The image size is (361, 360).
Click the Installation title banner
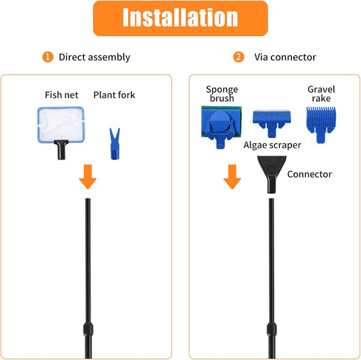click(x=180, y=18)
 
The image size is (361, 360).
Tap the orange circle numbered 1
click(x=48, y=57)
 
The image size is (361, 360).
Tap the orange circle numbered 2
click(x=239, y=57)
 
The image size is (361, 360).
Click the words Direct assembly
click(x=94, y=58)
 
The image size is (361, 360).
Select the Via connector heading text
click(x=285, y=57)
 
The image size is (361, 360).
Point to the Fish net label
click(x=61, y=95)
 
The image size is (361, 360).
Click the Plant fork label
click(x=114, y=95)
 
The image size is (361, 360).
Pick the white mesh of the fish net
click(x=61, y=125)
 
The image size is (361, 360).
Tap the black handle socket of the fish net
click(x=61, y=150)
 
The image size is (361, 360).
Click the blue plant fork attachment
click(x=115, y=144)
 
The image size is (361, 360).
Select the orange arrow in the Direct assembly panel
click(x=88, y=176)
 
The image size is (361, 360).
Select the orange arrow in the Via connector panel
click(x=232, y=176)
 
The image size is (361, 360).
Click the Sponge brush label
click(x=222, y=94)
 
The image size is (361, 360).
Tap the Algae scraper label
click(x=272, y=145)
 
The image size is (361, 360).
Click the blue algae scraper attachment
click(x=272, y=123)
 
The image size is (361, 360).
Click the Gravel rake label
click(x=321, y=94)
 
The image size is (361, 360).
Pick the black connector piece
click(x=272, y=174)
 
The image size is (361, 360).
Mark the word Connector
click(x=309, y=174)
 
